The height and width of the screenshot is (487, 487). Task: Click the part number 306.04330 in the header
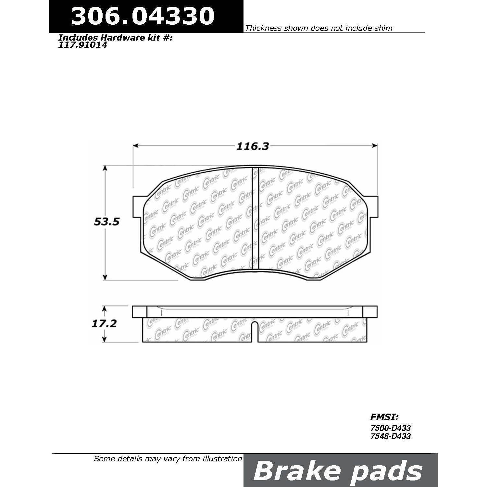pos(143,16)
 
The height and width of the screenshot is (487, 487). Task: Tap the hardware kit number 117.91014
pos(82,45)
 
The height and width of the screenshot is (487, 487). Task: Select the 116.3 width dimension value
pos(253,146)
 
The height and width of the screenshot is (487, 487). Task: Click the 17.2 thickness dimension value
pos(104,324)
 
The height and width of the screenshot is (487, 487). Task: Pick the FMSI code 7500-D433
pos(391,429)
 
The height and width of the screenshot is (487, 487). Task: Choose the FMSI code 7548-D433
pos(391,436)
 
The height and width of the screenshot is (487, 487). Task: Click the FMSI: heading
pos(384,417)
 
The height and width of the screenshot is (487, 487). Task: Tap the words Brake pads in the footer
pos(337,471)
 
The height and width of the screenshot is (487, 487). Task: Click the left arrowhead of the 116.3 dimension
pos(136,146)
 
